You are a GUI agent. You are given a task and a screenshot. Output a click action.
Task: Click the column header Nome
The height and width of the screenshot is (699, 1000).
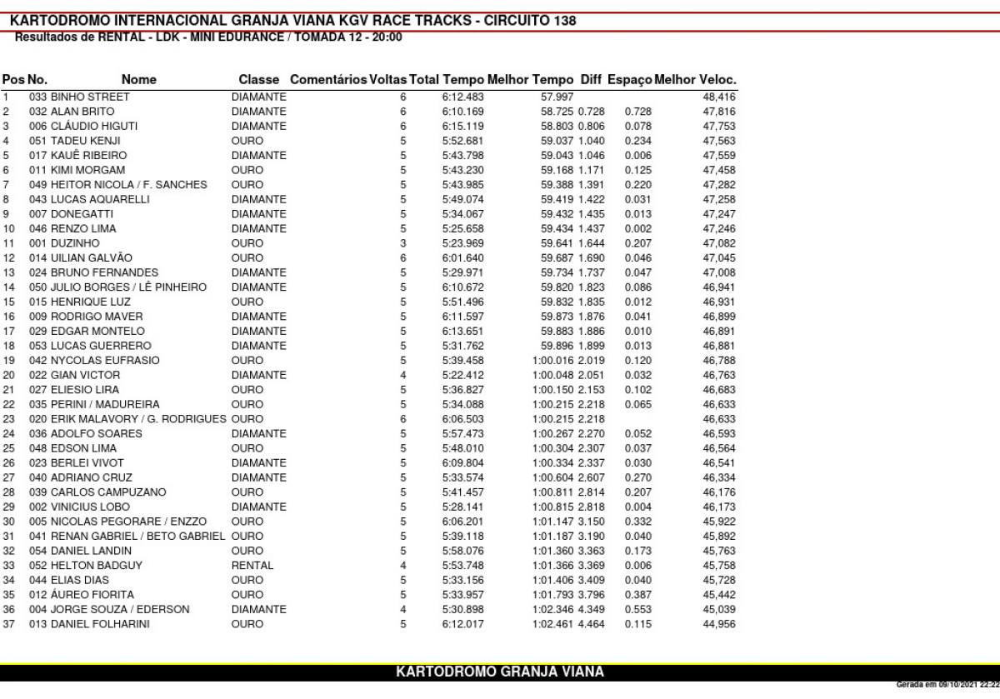138,80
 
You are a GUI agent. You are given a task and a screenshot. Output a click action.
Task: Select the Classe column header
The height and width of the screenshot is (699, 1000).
258,80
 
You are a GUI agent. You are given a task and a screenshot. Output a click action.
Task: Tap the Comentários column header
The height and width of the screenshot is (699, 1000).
328,80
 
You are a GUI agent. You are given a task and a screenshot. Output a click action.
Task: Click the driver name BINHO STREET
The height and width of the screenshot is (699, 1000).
90,97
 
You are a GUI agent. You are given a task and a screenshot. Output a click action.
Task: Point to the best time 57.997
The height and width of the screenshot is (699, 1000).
557,97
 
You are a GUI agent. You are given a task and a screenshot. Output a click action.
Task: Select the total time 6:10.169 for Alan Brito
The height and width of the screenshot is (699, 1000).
462,112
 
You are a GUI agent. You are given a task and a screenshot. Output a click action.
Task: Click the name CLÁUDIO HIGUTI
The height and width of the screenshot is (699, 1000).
94,126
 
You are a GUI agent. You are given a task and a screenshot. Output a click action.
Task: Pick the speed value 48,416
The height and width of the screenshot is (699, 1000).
719,97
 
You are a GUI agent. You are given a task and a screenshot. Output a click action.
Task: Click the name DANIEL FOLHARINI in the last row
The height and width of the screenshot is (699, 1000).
100,624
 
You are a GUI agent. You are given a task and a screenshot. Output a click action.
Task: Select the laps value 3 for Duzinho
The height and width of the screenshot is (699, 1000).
403,243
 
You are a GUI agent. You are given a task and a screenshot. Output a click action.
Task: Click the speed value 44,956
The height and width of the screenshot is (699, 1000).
719,624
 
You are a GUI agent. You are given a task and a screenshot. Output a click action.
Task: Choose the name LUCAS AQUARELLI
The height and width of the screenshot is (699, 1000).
100,199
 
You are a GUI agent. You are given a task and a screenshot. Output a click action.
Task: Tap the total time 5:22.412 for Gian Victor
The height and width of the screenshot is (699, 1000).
462,375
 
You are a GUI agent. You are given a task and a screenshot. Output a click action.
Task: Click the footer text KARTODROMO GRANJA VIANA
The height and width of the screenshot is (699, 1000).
500,672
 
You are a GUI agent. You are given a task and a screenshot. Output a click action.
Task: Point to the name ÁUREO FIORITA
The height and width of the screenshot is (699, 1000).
92,595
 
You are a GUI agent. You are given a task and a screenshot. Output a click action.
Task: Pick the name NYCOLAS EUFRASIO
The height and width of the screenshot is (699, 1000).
105,361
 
